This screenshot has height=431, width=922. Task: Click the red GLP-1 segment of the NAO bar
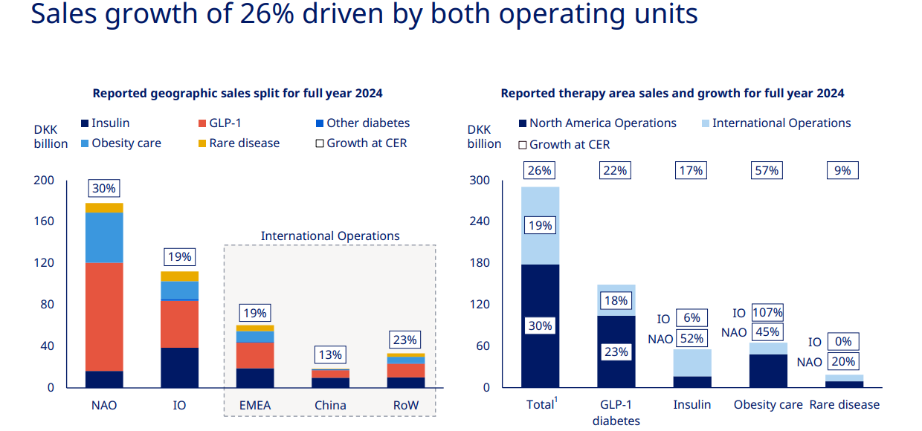click(x=104, y=317)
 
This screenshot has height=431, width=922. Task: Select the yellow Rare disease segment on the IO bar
click(x=179, y=276)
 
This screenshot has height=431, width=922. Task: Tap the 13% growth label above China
click(x=330, y=354)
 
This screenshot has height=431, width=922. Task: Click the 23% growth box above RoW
click(x=405, y=340)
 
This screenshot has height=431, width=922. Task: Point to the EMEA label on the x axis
click(x=255, y=405)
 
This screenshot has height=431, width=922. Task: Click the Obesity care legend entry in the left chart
click(x=121, y=143)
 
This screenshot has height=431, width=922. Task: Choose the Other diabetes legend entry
click(x=363, y=123)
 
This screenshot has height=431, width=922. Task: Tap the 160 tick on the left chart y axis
click(x=44, y=221)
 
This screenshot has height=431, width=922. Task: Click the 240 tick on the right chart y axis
click(x=480, y=221)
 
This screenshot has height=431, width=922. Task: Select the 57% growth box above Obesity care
click(x=767, y=170)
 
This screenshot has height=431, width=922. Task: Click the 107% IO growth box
click(x=767, y=313)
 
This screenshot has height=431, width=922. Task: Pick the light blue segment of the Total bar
click(x=540, y=225)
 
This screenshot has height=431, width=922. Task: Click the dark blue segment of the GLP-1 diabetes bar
click(x=616, y=351)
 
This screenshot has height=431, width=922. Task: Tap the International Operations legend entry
click(x=776, y=123)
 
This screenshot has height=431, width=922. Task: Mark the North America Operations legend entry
click(x=598, y=123)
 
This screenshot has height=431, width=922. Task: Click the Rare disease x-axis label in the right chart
click(x=844, y=405)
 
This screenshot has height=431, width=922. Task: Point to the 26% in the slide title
click(x=267, y=13)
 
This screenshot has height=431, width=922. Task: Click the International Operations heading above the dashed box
click(x=330, y=236)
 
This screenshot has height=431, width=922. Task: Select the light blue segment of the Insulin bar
click(x=692, y=363)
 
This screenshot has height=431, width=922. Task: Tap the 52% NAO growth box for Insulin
click(x=691, y=338)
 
